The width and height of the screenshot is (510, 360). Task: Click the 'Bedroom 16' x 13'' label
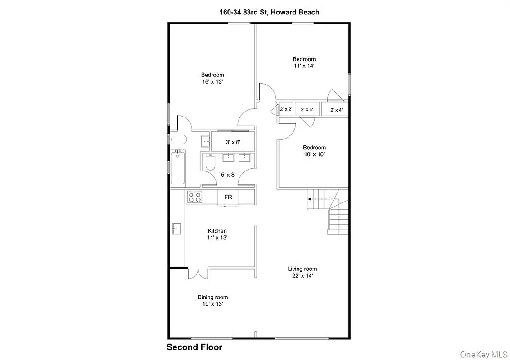212,79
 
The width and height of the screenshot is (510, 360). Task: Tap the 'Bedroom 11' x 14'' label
304,62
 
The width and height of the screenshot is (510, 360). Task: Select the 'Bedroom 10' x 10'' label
314,151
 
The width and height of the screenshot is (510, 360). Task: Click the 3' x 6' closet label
233,142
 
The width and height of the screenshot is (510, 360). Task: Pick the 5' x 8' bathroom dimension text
228,175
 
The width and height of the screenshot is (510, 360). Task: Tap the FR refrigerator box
228,197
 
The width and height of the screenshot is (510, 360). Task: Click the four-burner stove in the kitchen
194,197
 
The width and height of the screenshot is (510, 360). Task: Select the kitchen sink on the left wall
176,229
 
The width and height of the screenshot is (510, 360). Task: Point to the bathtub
177,168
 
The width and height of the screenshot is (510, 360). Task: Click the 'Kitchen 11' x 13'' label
217,234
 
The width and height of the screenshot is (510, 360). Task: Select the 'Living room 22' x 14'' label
302,272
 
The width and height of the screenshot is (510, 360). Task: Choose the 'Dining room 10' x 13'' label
212,300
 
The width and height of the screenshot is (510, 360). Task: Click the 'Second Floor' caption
194,347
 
